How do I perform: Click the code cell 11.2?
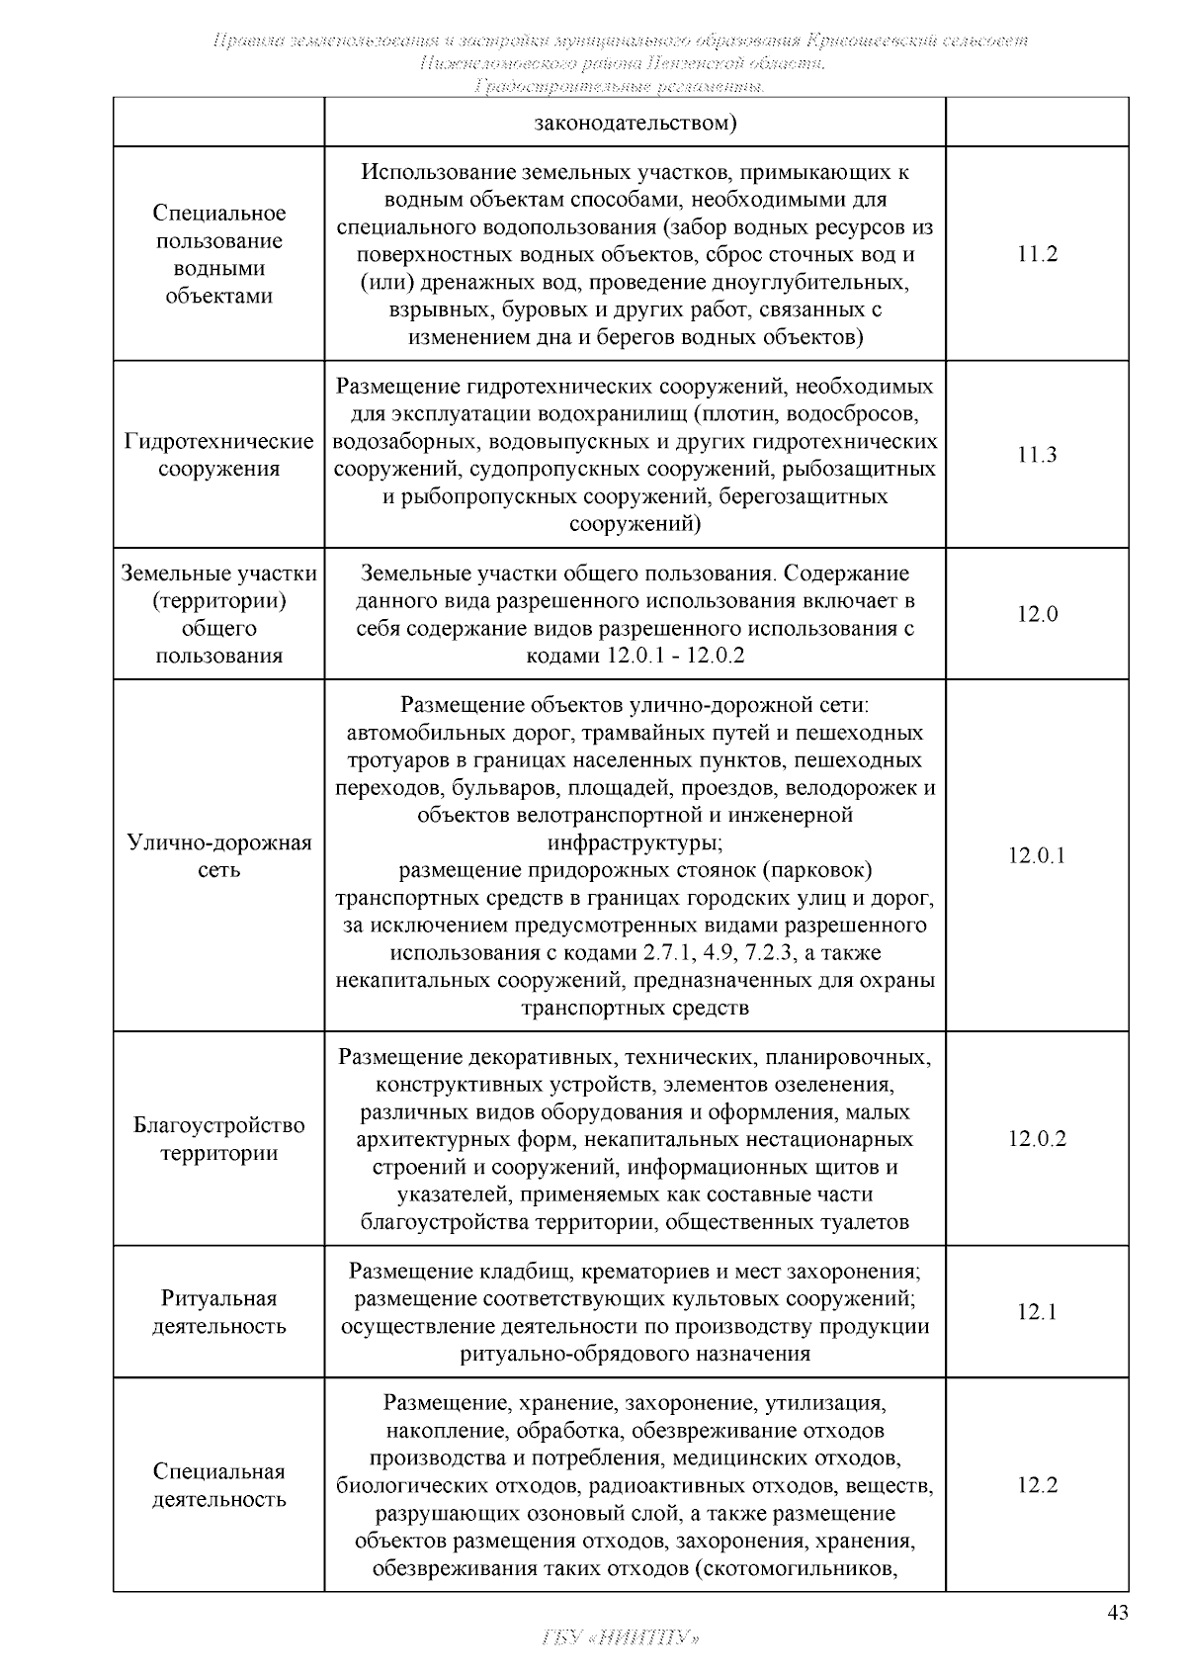(x=1037, y=254)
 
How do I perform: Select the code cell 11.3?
(x=1037, y=455)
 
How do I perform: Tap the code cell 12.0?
(x=1037, y=614)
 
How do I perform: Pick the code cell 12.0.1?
(x=1037, y=855)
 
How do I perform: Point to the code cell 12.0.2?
(x=1037, y=1138)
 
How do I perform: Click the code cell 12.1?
(x=1037, y=1312)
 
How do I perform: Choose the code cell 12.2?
(x=1037, y=1485)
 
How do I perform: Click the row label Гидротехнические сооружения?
(x=219, y=455)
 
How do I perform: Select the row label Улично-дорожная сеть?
(x=219, y=856)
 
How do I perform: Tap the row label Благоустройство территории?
(x=219, y=1139)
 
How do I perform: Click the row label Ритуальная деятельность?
(x=219, y=1312)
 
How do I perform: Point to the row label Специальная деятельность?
(x=219, y=1485)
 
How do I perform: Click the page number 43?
(x=1117, y=1613)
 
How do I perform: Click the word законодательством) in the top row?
(x=635, y=124)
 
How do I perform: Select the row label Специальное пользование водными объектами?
(x=219, y=254)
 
